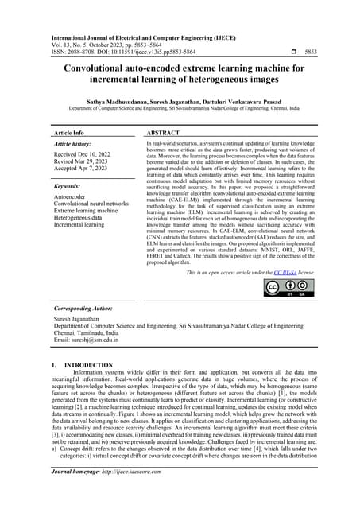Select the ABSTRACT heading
coord(165,134)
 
